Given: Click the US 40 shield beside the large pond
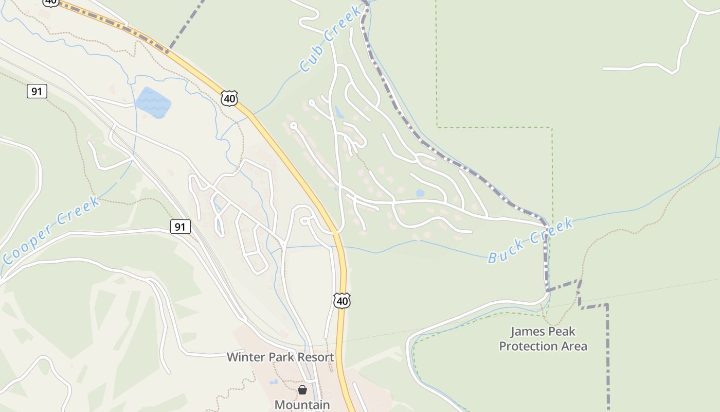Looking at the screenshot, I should point(229,98).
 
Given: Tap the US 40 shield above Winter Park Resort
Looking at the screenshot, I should point(342,300).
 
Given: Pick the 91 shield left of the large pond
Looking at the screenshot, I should point(37,91).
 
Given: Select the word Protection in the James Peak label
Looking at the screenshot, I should point(529,346).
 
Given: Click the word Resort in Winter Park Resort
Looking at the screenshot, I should point(315,357).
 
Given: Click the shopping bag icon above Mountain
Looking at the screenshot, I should point(302,390).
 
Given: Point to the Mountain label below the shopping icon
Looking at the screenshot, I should point(302,405).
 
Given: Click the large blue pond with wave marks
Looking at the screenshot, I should point(153,101).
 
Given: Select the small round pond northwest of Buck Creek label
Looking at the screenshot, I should point(420,193).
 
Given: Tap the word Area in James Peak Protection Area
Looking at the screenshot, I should point(575,346).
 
